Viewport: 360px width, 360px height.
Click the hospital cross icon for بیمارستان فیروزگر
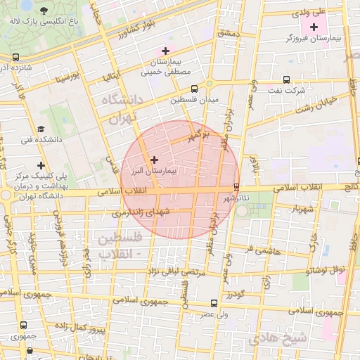coord(314,27)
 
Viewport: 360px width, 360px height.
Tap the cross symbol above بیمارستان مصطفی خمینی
coord(165,51)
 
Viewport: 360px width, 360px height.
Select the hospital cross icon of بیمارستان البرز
coord(155,160)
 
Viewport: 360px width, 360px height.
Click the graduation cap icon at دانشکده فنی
coord(41,129)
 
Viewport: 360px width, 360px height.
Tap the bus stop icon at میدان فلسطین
coord(195,89)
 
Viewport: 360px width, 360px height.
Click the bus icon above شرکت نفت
coord(285,79)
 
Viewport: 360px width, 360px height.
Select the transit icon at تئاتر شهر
coord(236,187)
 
